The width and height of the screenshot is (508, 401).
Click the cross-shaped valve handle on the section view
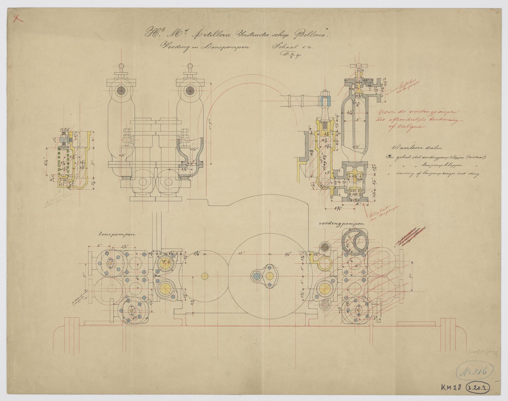coord(358,66)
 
